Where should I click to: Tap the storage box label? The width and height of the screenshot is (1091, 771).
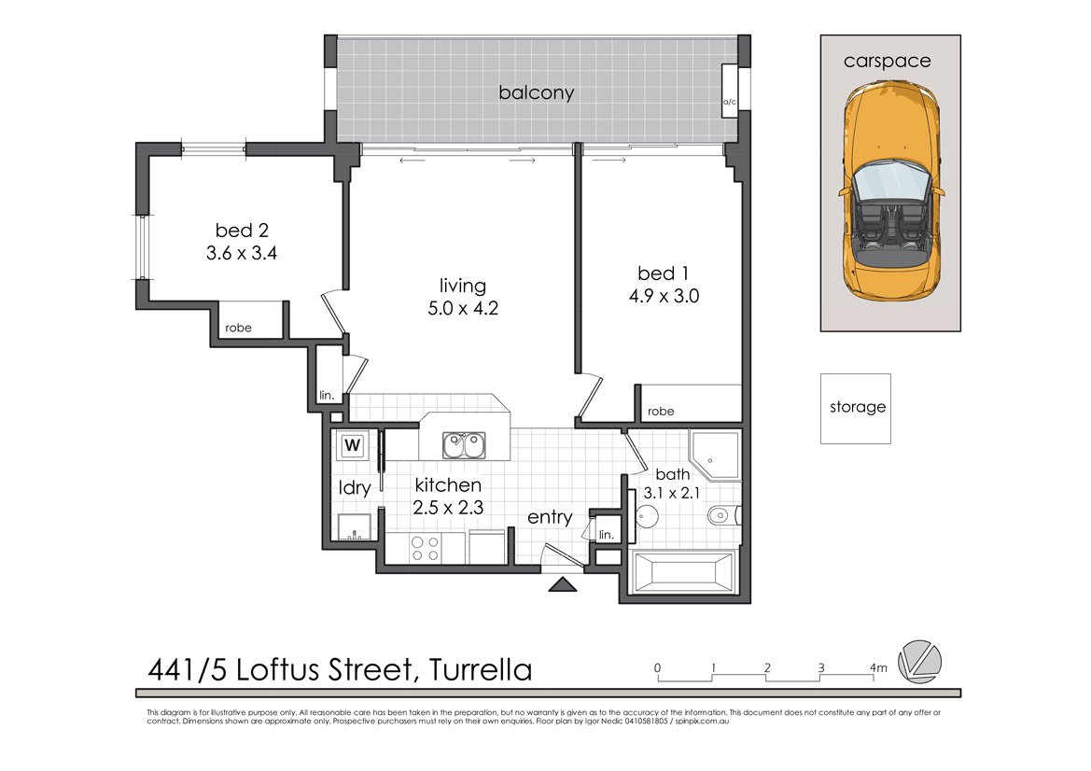(x=857, y=408)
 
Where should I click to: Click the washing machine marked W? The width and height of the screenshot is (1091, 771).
(x=352, y=445)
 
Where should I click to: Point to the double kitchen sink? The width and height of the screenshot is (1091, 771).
(x=464, y=445)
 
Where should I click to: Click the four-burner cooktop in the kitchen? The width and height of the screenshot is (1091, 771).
(x=426, y=549)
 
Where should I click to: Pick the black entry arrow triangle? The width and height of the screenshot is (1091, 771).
(x=562, y=585)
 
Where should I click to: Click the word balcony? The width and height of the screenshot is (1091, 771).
(x=536, y=93)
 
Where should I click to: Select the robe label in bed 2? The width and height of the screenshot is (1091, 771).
(x=238, y=328)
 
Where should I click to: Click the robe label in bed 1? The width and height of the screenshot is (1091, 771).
(x=660, y=412)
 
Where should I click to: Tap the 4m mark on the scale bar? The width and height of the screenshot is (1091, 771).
(x=877, y=667)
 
